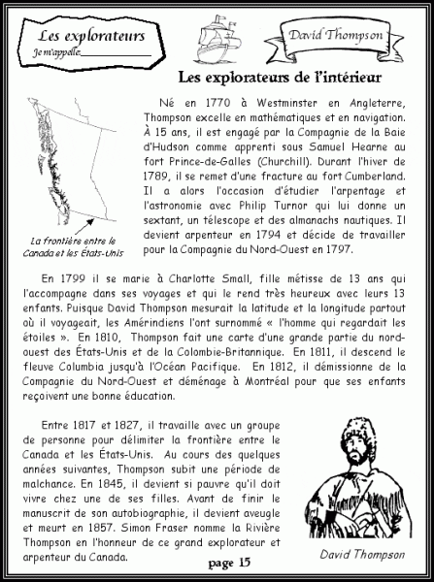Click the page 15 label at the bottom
point(230,562)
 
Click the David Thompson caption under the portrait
point(362,554)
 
